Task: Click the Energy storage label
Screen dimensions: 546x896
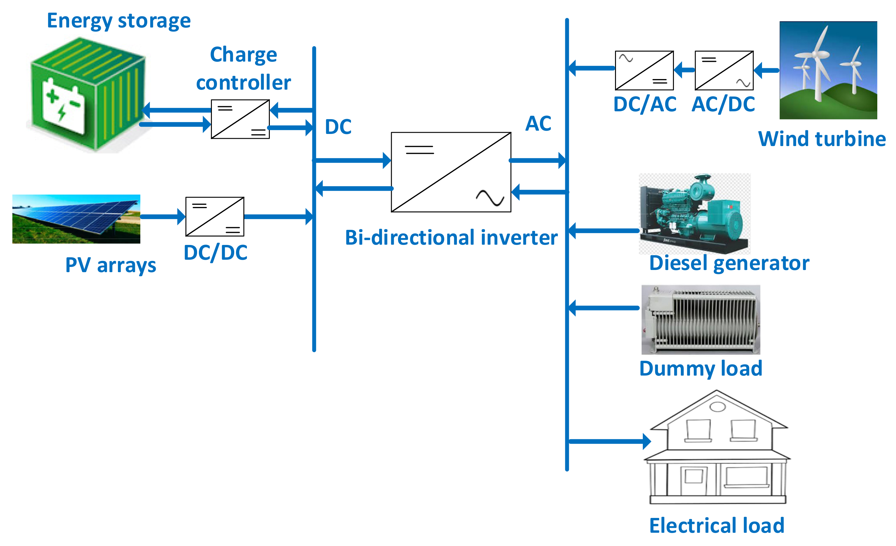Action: (x=119, y=21)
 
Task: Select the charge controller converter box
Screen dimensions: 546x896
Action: (x=240, y=119)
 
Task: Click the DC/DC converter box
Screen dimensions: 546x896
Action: (x=215, y=217)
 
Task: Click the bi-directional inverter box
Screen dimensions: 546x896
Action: (x=451, y=172)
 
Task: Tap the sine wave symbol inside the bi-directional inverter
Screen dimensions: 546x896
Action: (x=490, y=198)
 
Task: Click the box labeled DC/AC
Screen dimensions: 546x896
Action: (x=644, y=71)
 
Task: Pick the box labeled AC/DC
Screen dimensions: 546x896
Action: (x=724, y=71)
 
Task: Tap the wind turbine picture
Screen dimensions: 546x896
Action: (x=828, y=70)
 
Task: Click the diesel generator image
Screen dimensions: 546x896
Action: (x=694, y=214)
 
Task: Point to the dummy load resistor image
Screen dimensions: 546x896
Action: (x=700, y=319)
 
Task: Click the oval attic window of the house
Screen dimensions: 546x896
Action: (x=717, y=407)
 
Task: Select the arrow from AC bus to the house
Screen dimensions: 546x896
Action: (x=609, y=441)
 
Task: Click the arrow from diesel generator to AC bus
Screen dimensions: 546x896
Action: (x=604, y=230)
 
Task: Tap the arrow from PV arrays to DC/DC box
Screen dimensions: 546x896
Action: (x=162, y=217)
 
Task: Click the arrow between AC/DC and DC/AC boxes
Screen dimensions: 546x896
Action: (x=684, y=70)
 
